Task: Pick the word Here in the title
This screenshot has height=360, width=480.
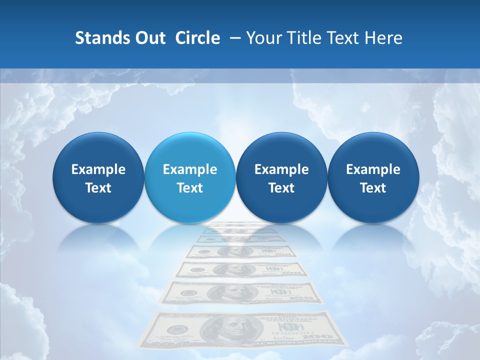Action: coord(384,38)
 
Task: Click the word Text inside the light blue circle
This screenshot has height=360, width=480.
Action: coord(190,188)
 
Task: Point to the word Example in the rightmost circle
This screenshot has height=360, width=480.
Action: coord(373,169)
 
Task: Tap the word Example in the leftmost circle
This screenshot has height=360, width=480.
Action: coord(98,169)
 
